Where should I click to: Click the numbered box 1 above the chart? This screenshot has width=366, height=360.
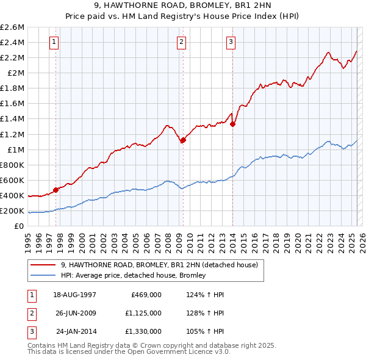click(55, 42)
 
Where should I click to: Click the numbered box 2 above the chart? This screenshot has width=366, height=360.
click(182, 42)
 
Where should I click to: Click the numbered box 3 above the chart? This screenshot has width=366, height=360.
click(232, 42)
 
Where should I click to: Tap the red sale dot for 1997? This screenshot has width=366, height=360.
click(56, 190)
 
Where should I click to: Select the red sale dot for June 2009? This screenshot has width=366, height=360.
click(182, 140)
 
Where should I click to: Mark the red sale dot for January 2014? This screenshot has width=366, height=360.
click(232, 124)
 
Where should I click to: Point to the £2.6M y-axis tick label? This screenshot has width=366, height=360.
click(12, 27)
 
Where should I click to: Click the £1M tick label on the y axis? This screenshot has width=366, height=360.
click(15, 149)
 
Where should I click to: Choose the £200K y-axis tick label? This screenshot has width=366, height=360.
click(12, 211)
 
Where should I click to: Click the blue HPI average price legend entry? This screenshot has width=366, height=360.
click(133, 275)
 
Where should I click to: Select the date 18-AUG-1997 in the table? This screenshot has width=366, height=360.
click(75, 295)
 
